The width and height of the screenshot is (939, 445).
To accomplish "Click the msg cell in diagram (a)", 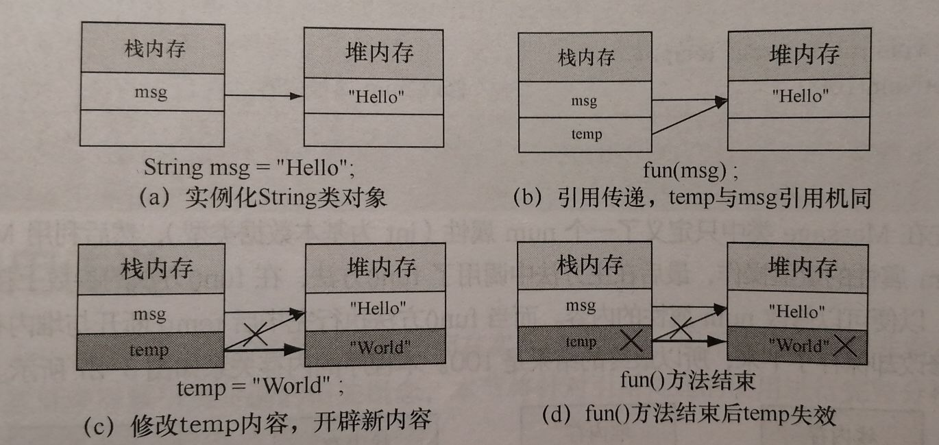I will [x=151, y=92].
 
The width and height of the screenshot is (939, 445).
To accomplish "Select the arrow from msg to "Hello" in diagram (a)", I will [x=264, y=96].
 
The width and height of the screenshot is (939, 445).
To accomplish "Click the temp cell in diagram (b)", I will [x=586, y=134].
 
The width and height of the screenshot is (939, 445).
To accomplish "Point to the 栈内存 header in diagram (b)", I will [x=586, y=58].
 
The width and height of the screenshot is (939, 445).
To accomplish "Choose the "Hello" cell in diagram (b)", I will [x=800, y=96].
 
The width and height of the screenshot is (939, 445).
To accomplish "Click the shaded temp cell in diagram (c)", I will [x=150, y=350].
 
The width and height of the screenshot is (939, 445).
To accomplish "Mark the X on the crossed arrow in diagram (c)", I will [x=255, y=333].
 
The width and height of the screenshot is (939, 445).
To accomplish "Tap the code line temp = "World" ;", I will [x=260, y=387].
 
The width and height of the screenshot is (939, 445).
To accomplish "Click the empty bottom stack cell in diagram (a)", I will [x=151, y=128].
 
